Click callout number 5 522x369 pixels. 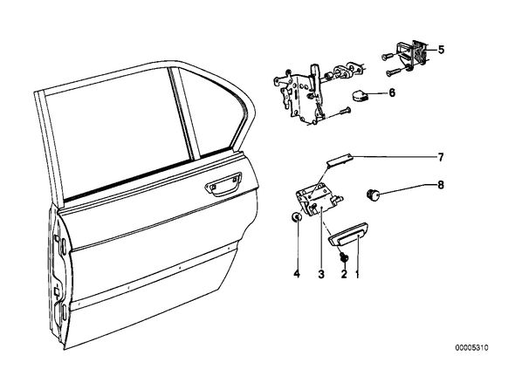point(441,50)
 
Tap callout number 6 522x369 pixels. point(392,92)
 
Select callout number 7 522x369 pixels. point(441,157)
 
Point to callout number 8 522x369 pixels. point(441,185)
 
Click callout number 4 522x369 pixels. point(297,274)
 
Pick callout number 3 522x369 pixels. point(321,274)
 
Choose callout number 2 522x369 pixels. point(344,274)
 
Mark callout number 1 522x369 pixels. point(358,275)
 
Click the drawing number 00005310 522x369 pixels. point(471,348)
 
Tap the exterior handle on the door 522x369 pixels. point(223,184)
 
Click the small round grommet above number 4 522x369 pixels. point(296,217)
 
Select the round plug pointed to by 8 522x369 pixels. point(374,195)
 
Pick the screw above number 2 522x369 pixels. point(343,258)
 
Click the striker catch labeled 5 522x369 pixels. point(410,54)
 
